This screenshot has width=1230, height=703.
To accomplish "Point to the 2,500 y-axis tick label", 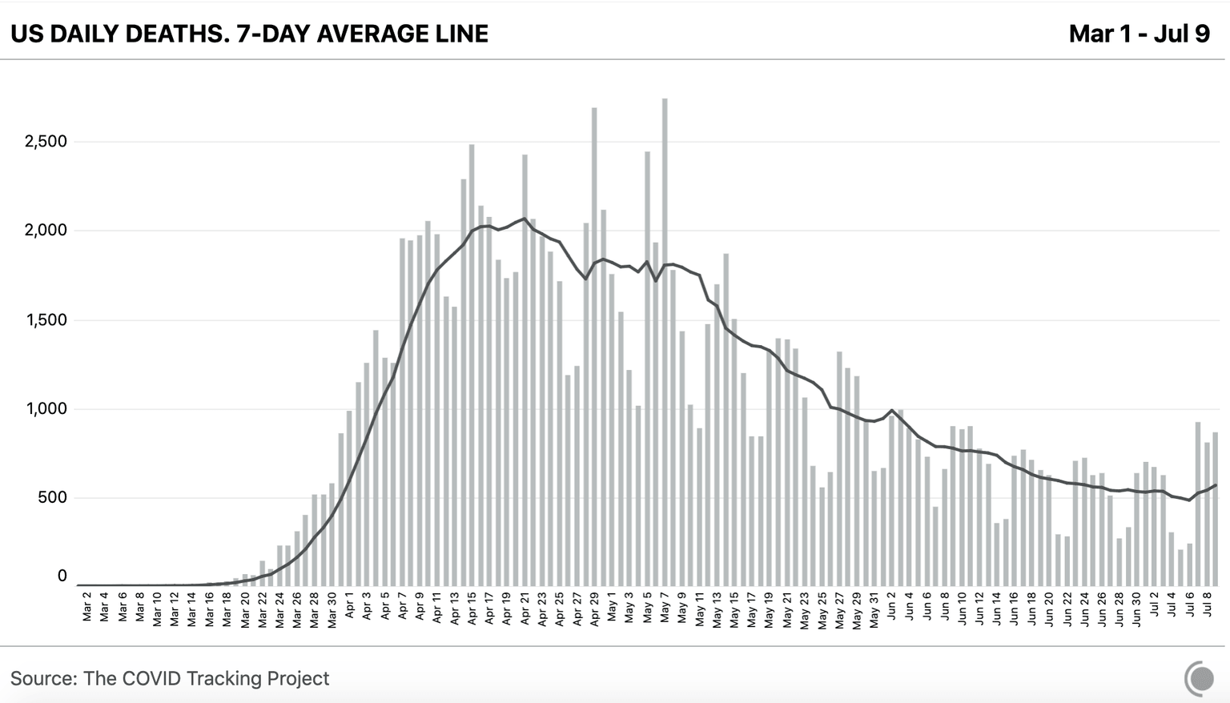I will click(x=46, y=142).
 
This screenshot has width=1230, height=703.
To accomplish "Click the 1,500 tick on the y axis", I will click(x=46, y=320).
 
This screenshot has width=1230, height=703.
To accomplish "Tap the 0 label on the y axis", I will click(x=62, y=576).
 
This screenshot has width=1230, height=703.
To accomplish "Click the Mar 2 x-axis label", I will click(x=87, y=607).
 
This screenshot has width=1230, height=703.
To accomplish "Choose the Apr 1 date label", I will click(x=350, y=607).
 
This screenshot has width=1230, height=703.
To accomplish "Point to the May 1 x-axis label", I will click(x=612, y=607).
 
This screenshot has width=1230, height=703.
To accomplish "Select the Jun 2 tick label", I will click(x=892, y=607).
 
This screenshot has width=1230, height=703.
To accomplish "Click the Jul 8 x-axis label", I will click(x=1207, y=607).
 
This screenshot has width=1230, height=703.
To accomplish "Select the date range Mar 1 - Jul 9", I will click(x=1139, y=34).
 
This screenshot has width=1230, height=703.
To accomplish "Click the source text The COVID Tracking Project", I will click(x=206, y=678).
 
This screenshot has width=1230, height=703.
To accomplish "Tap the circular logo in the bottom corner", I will click(x=1199, y=678).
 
